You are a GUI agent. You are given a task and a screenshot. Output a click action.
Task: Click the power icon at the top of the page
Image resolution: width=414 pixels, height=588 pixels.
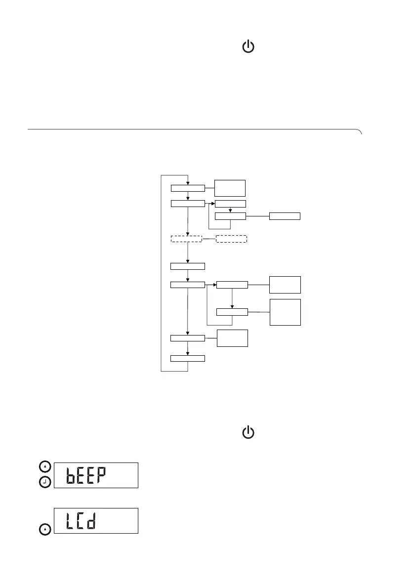tap(248, 47)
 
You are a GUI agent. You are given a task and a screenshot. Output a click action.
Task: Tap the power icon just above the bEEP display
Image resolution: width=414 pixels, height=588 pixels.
tap(248, 433)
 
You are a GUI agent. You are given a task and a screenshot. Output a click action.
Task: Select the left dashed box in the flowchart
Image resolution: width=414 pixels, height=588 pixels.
tap(186, 239)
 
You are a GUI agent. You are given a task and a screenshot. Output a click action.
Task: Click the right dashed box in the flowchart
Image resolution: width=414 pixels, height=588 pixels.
tap(231, 239)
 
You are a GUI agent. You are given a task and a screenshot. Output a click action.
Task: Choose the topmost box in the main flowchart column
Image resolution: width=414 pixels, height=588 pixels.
tap(188, 188)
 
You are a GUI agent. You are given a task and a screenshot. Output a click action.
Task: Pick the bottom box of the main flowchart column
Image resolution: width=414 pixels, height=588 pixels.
tap(188, 358)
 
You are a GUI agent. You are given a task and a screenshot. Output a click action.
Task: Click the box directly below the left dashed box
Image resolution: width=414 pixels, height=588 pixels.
tap(188, 267)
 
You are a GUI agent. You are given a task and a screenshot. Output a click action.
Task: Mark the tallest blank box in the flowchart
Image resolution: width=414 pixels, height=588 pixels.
tap(285, 312)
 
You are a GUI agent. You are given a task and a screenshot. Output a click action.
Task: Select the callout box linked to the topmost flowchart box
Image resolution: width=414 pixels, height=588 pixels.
tap(230, 188)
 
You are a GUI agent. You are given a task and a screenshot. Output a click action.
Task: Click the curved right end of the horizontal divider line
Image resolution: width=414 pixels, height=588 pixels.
tap(361, 132)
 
